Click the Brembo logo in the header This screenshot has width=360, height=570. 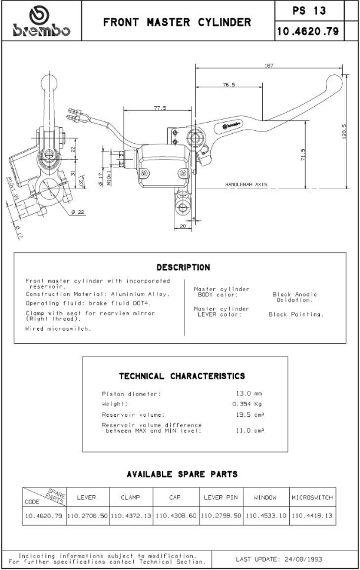[x=40, y=22]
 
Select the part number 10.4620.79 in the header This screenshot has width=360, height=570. [x=307, y=31]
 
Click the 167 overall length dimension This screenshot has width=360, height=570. [x=269, y=65]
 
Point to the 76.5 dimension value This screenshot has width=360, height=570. [x=229, y=85]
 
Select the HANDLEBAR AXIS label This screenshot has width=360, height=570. [x=246, y=184]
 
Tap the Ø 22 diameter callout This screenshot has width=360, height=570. [x=77, y=212]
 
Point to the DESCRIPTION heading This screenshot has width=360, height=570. [x=183, y=267]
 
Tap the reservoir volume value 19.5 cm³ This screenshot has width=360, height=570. [x=249, y=415]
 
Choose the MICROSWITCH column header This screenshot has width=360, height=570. [x=312, y=497]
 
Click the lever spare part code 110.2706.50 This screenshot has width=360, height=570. [x=87, y=515]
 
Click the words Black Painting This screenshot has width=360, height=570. [x=296, y=314]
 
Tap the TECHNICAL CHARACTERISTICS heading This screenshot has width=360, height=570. [x=182, y=375]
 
